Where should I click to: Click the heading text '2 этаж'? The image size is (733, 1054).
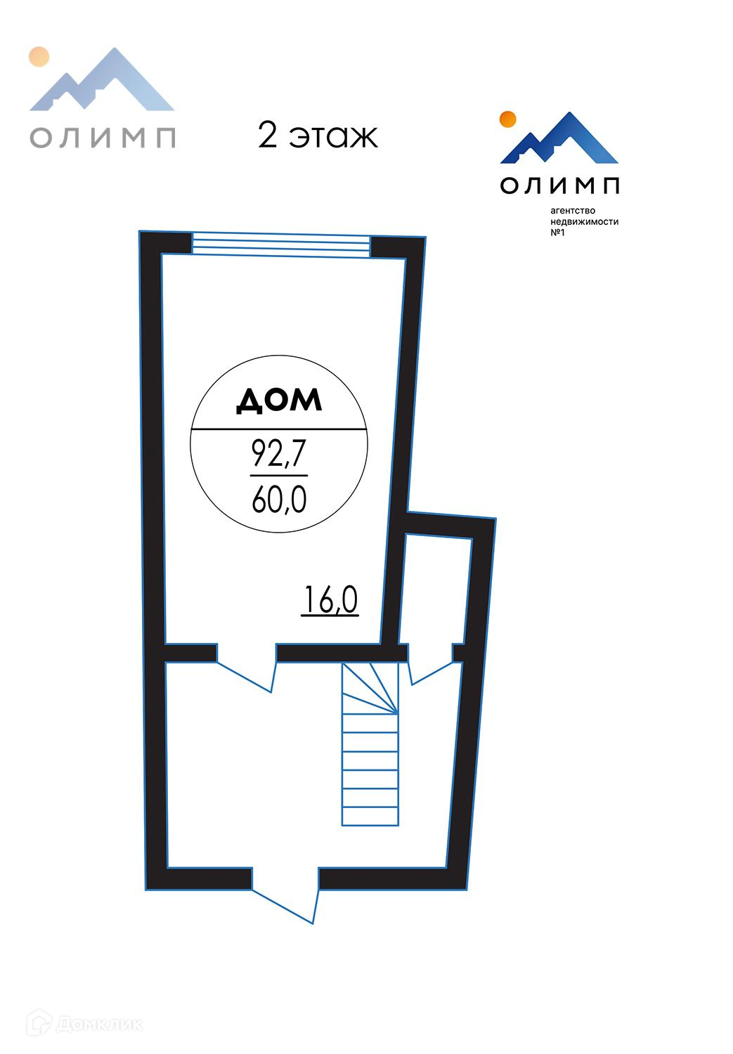[318, 136]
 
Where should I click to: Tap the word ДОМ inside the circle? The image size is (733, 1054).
[279, 400]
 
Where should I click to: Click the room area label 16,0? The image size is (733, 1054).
[330, 601]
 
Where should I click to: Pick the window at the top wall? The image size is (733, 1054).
[281, 245]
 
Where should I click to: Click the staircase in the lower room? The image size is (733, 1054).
[370, 745]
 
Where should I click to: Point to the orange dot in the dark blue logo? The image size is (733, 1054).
[507, 119]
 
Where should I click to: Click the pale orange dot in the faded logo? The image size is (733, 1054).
[39, 56]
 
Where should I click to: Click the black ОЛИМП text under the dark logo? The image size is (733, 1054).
[560, 185]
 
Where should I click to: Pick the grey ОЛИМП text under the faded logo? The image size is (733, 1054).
[103, 137]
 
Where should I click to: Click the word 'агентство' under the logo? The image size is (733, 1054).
[573, 211]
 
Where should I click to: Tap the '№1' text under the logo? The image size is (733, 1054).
[557, 233]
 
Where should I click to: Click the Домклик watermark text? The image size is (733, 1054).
[98, 1024]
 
